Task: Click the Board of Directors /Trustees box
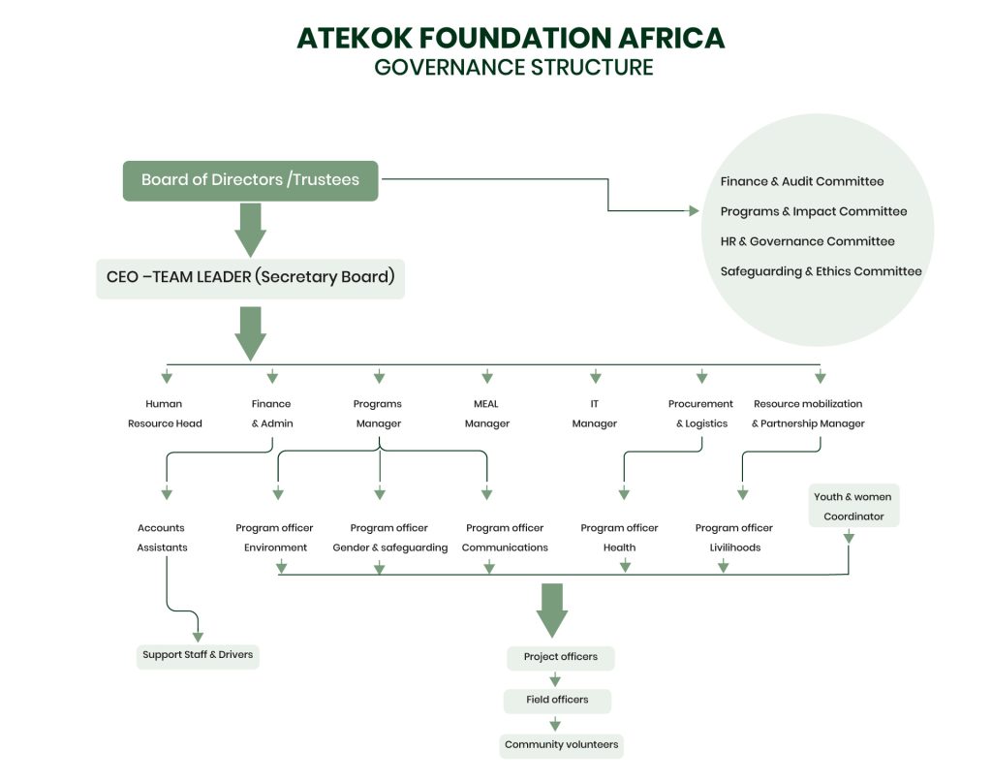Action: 250,180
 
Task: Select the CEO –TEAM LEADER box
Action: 250,277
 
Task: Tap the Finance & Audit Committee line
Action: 801,181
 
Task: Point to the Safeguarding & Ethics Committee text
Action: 821,271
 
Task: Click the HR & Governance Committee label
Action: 807,241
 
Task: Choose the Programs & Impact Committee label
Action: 813,211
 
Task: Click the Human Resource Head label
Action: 165,414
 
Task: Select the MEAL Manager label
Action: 486,414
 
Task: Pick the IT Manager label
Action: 594,414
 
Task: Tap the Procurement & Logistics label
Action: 700,414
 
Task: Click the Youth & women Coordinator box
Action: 853,506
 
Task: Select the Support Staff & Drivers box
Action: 198,655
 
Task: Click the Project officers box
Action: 560,657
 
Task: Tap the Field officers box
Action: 557,700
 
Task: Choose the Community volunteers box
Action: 561,745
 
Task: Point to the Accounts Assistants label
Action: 162,538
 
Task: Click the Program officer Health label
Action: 619,538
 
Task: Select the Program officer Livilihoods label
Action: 733,538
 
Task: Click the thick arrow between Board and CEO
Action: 250,229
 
